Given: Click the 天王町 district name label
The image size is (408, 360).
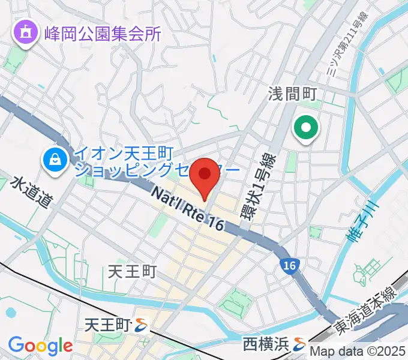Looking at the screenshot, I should click(x=132, y=272).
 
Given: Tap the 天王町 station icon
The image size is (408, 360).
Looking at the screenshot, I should click(x=142, y=326).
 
